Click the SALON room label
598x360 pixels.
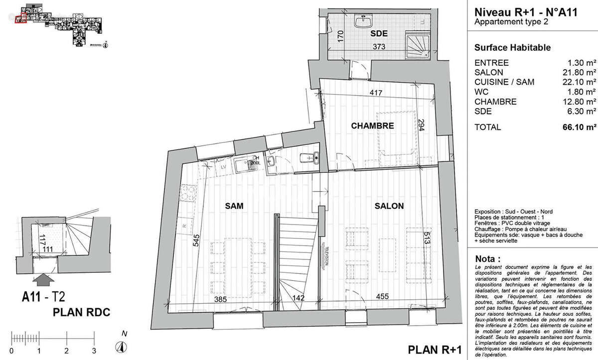point(390,206)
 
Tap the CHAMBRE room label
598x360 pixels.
point(373,126)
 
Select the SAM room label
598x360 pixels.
point(233,206)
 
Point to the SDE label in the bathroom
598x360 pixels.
point(379,34)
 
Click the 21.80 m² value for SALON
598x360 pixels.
point(581,73)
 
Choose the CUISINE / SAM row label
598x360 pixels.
point(502,82)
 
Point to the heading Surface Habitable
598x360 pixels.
point(512,48)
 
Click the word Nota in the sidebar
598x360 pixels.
point(488,259)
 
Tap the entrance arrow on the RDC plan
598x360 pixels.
point(44,278)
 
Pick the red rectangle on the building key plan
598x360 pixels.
point(20,19)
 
